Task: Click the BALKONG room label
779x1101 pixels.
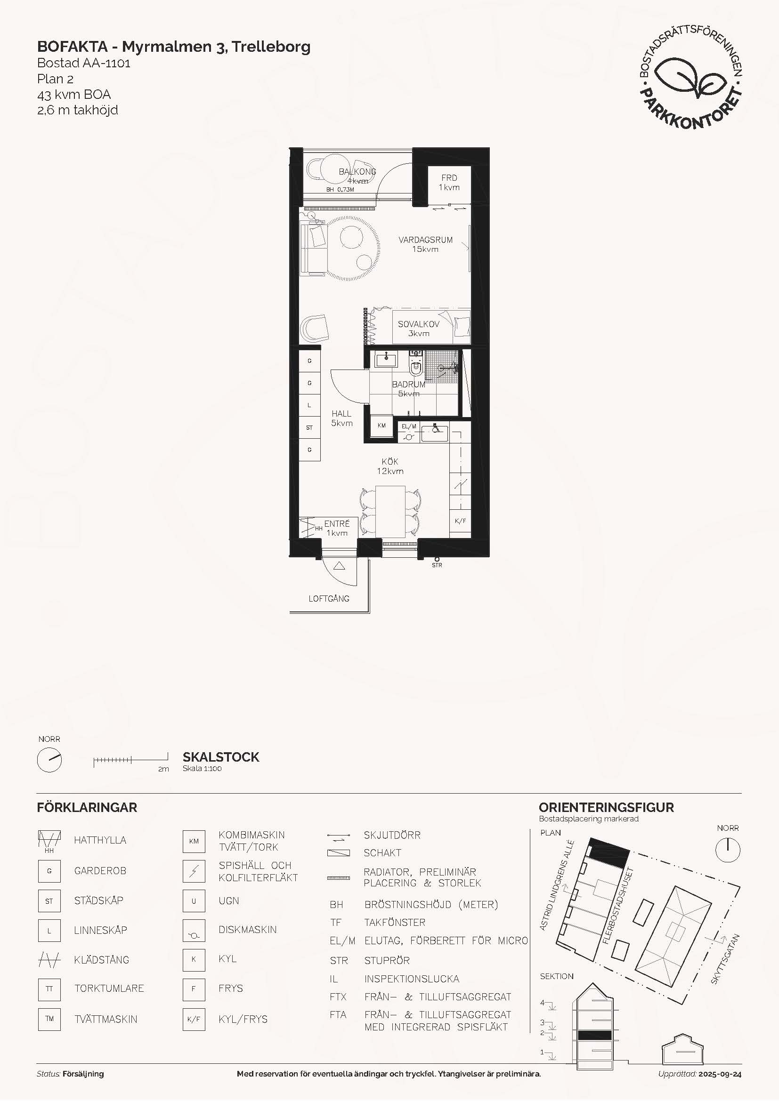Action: (357, 171)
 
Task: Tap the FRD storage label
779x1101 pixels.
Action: (449, 177)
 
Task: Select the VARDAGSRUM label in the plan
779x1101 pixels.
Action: (425, 240)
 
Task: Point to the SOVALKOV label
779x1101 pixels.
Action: (418, 324)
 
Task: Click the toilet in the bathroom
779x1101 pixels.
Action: (416, 367)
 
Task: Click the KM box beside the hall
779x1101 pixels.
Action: (382, 426)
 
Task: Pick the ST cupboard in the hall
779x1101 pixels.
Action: (309, 427)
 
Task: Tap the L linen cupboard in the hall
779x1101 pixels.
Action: (309, 405)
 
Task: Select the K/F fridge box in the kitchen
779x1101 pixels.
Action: (460, 521)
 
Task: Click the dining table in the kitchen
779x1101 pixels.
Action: (390, 511)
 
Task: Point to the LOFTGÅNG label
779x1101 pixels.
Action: (329, 598)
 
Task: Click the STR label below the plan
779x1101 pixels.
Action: (437, 565)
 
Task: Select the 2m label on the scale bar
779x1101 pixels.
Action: (163, 769)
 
